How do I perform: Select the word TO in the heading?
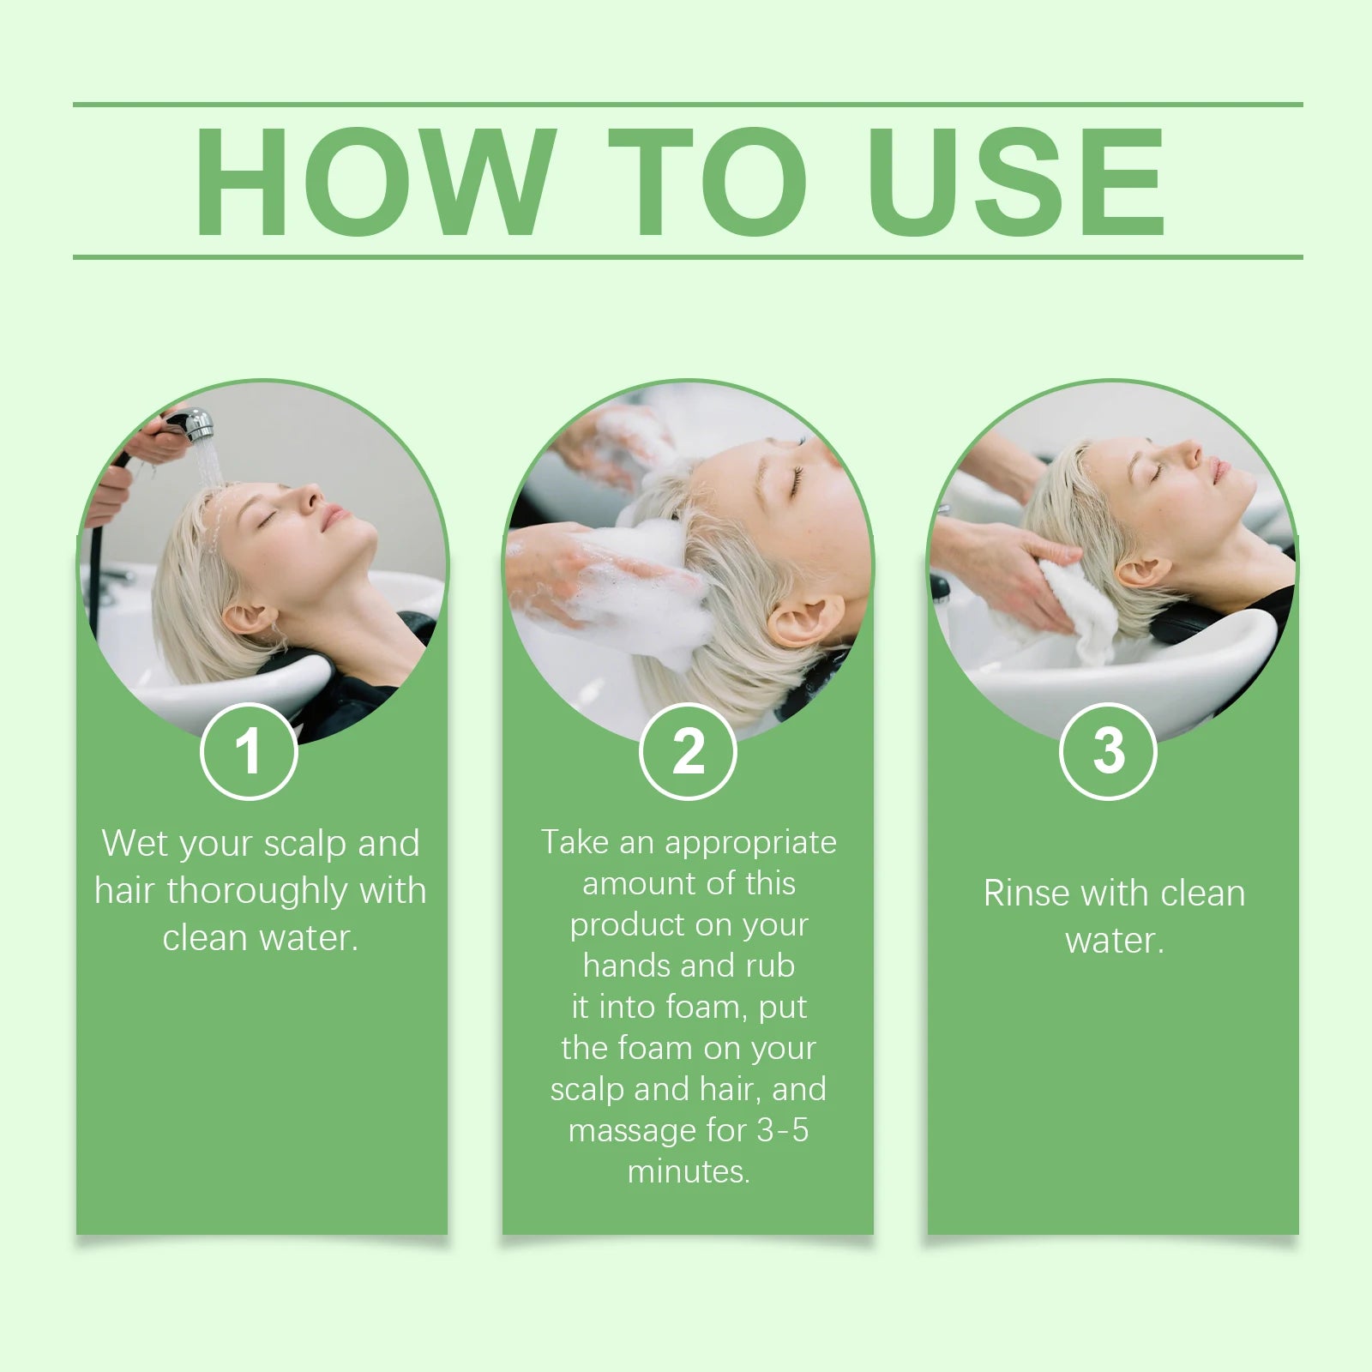[707, 182]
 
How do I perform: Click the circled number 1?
[249, 751]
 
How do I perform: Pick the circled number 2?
[688, 751]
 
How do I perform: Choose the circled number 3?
[1108, 751]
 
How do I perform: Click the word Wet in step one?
[135, 844]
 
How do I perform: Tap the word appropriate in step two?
[750, 844]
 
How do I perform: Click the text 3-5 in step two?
[782, 1130]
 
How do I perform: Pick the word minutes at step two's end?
[688, 1171]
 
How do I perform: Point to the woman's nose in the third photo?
[1189, 452]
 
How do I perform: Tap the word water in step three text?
[1113, 941]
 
